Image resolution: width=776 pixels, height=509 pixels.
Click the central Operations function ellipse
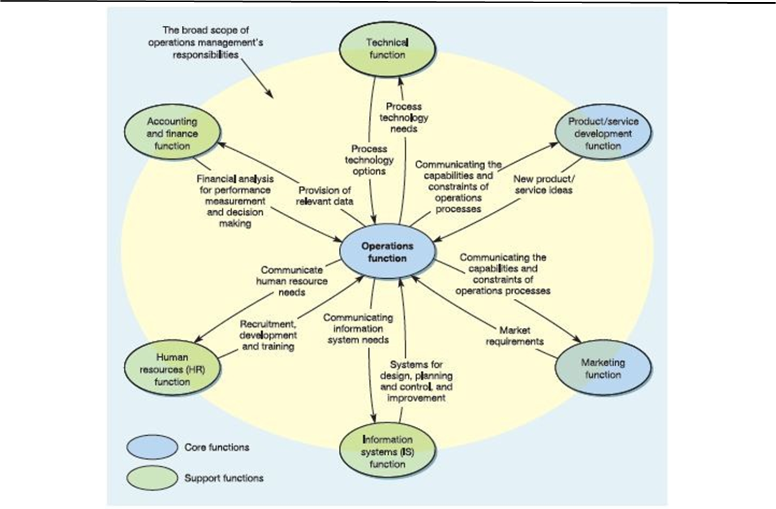point(387,252)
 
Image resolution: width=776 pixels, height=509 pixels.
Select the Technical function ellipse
point(387,48)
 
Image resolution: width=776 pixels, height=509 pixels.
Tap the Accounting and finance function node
point(172,133)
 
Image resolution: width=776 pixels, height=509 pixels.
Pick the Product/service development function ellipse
point(603,133)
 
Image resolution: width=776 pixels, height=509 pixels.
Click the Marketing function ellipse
point(603,368)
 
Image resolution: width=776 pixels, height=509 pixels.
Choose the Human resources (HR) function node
point(172,369)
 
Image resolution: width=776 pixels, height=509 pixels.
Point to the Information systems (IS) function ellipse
point(387,452)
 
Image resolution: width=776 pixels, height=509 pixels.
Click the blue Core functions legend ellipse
point(152,447)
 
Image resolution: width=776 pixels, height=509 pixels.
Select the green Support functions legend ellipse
point(152,478)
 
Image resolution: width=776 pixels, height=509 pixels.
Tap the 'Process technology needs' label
point(404,118)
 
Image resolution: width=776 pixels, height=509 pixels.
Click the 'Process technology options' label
point(369,160)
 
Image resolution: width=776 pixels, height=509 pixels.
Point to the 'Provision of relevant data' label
point(325,195)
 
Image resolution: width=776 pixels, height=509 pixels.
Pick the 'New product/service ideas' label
point(544,184)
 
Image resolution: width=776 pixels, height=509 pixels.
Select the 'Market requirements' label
point(514,336)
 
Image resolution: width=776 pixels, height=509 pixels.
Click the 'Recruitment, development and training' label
point(268,335)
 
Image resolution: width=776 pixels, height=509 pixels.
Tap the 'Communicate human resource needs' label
point(291,281)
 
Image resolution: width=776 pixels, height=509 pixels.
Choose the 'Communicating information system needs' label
point(358,329)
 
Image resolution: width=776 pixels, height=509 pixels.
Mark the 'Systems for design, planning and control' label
point(416,381)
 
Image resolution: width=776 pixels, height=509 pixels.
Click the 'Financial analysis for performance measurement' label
point(235,201)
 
